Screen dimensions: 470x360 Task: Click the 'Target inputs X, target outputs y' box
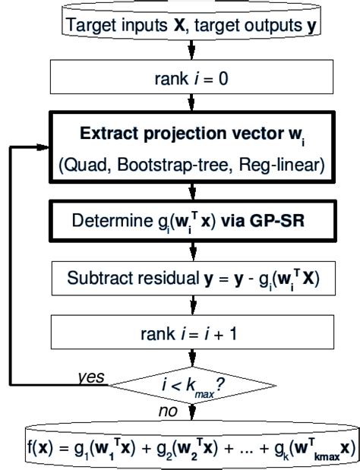tap(191, 24)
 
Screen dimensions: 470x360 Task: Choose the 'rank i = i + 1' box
tap(191, 331)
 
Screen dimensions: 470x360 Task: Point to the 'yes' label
tap(91, 376)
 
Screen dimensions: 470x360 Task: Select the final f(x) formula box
tap(191, 448)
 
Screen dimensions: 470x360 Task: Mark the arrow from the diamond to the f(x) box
tap(191, 414)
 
